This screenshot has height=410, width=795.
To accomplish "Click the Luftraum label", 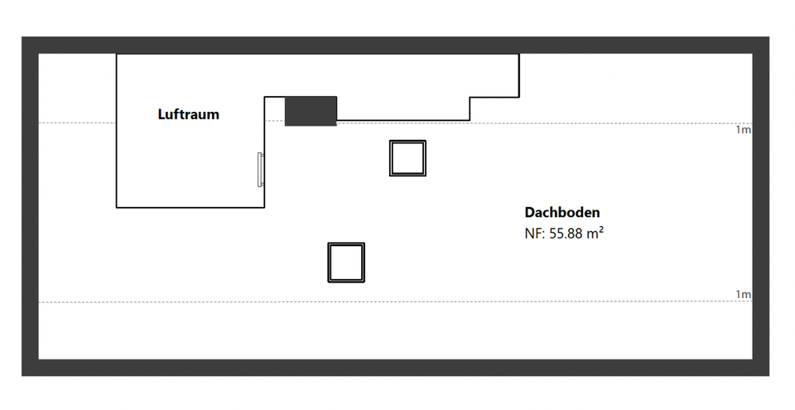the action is point(188,114).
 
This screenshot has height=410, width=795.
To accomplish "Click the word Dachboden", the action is point(562,213).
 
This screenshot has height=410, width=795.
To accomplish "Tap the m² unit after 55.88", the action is point(595,234).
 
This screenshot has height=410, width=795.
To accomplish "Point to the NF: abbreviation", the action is point(535,234).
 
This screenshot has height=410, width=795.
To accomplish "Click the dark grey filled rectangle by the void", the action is point(311,111).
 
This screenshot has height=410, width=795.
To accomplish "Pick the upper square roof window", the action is point(407,157).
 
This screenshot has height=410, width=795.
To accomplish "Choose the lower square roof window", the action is point(346,263).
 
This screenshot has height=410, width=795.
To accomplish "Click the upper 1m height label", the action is point(743,130).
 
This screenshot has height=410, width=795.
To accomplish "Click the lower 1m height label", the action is point(743,295).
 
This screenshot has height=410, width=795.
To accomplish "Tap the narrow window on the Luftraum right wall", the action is point(261,170).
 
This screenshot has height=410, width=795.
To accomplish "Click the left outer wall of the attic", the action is point(30,207).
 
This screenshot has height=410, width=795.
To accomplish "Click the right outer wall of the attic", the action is point(761,207).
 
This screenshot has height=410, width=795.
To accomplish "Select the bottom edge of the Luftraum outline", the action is point(190,207).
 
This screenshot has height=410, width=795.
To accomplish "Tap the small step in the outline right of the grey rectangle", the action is point(471,108).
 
